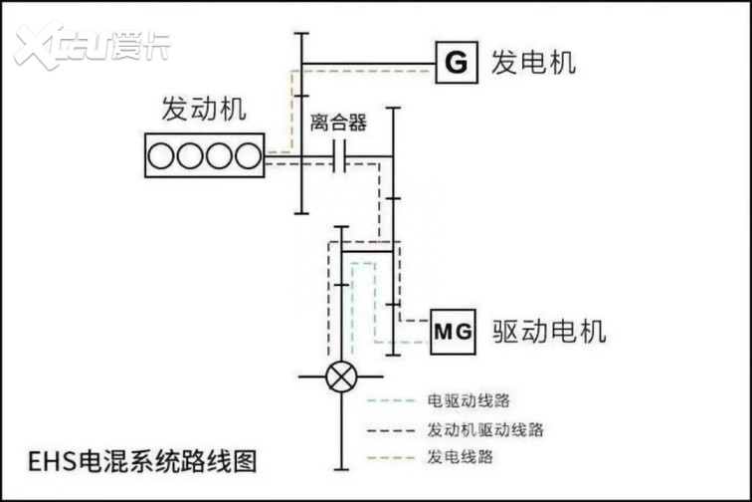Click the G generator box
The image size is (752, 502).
coord(455,63)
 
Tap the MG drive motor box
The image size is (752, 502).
coord(455,330)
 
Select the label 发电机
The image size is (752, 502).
coord(533,63)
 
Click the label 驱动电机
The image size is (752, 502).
coord(549,330)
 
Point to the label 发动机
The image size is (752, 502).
coord(203,110)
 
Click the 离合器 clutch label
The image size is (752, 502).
coord(338,123)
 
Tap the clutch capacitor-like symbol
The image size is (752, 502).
coord(338,155)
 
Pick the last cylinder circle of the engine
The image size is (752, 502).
coord(247,155)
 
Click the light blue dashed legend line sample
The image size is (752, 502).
coord(391,401)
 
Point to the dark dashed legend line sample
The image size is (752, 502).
coord(391,429)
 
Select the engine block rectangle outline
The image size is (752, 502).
coord(205,135)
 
